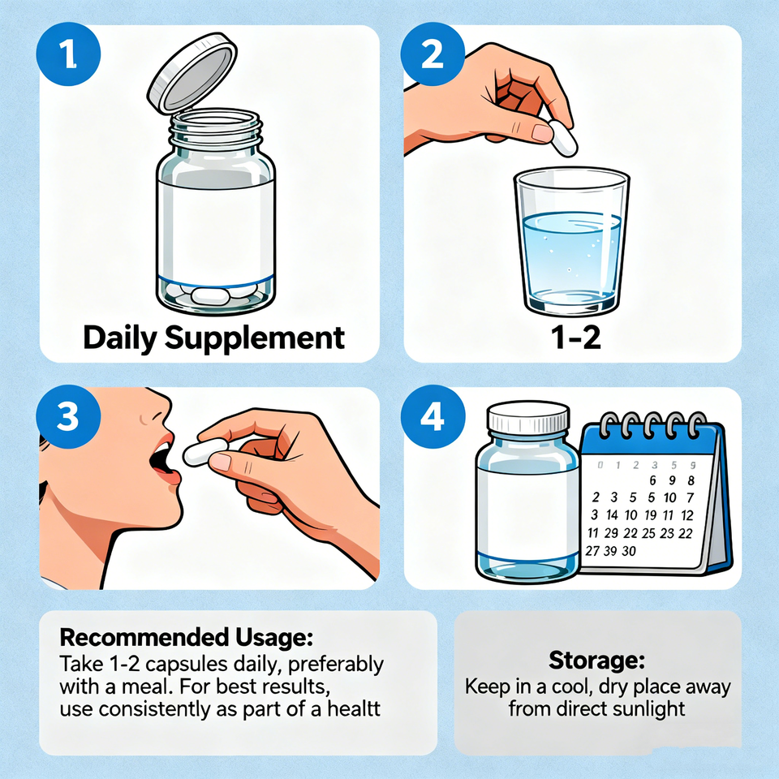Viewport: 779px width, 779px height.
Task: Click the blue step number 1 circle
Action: pos(68,54)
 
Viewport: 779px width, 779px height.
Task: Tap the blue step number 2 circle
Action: pos(433,54)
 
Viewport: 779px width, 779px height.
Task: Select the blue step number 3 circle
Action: pos(68,416)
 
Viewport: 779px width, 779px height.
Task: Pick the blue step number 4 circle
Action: pos(433,416)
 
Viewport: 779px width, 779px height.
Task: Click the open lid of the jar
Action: pos(192,74)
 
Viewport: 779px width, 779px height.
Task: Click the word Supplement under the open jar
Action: pos(254,339)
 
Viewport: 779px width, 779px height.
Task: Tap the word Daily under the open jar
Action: pos(120,339)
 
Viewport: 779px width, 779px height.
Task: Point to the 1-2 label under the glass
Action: pos(576,338)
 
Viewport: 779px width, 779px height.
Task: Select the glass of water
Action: pos(572,241)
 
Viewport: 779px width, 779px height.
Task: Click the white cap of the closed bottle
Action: pos(528,417)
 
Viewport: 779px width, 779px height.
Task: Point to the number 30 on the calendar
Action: pos(629,551)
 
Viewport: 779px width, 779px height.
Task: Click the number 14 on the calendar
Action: pos(612,514)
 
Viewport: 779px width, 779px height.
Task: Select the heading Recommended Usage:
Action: pos(187,638)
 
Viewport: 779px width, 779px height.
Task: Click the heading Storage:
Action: pos(596,661)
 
